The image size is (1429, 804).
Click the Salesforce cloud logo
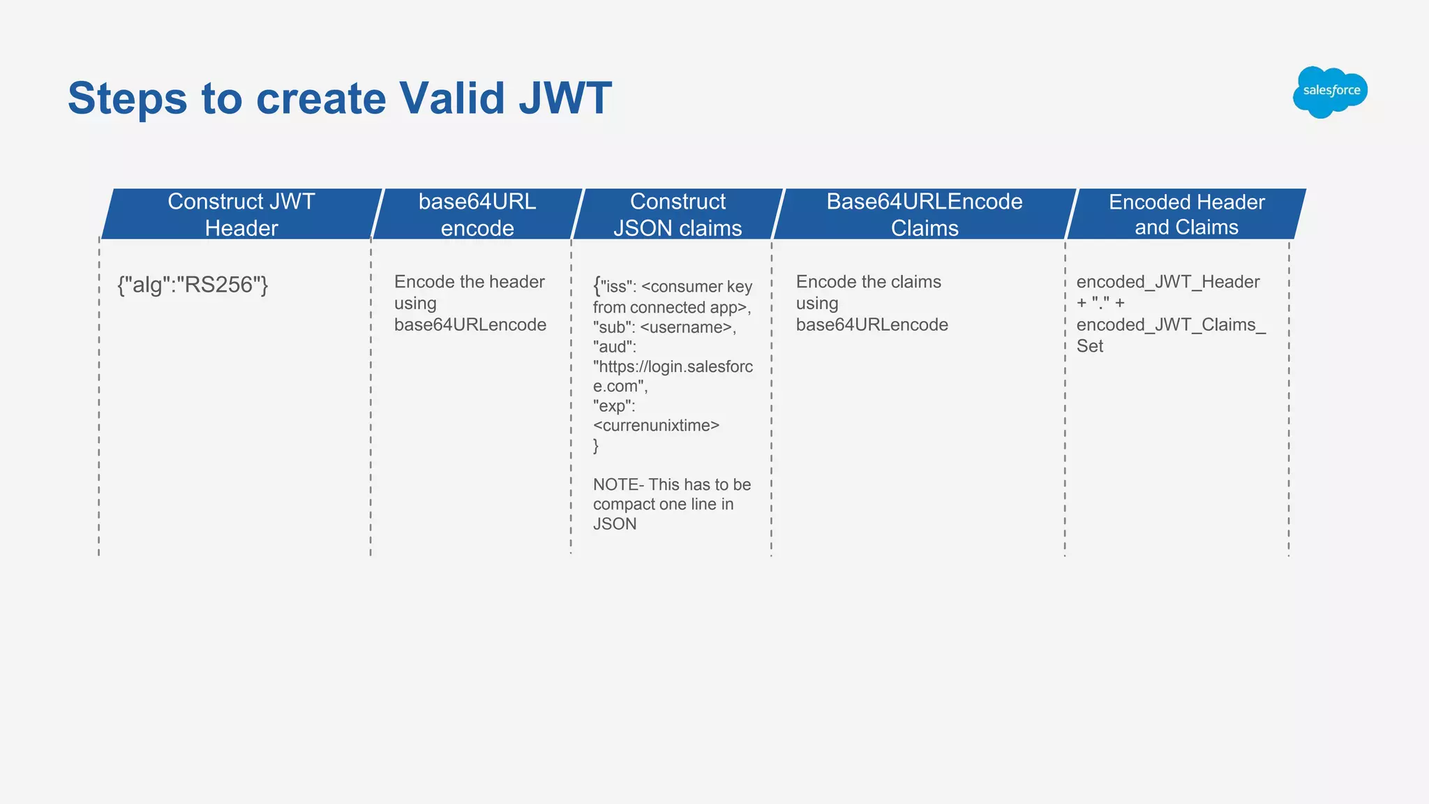(1330, 91)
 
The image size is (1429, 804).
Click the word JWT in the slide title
(565, 98)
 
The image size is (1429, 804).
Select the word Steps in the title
(127, 98)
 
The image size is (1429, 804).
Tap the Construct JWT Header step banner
(241, 214)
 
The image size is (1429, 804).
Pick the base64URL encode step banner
(477, 214)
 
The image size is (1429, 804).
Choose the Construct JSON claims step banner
(678, 214)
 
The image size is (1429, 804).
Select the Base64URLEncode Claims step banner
(925, 214)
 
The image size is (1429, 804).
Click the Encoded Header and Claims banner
(1186, 214)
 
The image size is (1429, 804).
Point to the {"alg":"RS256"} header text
(193, 285)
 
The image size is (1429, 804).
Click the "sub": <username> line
(664, 327)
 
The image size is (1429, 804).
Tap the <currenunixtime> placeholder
(656, 426)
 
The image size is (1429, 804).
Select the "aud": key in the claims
(614, 347)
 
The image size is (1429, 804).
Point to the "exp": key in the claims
(614, 406)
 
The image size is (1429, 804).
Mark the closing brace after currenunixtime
(596, 446)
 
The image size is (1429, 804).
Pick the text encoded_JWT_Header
(1167, 282)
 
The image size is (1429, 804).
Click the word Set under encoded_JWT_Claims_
(1089, 346)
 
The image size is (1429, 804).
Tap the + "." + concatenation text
(1100, 303)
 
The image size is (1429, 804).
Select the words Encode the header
(469, 282)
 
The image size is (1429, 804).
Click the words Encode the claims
(868, 282)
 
